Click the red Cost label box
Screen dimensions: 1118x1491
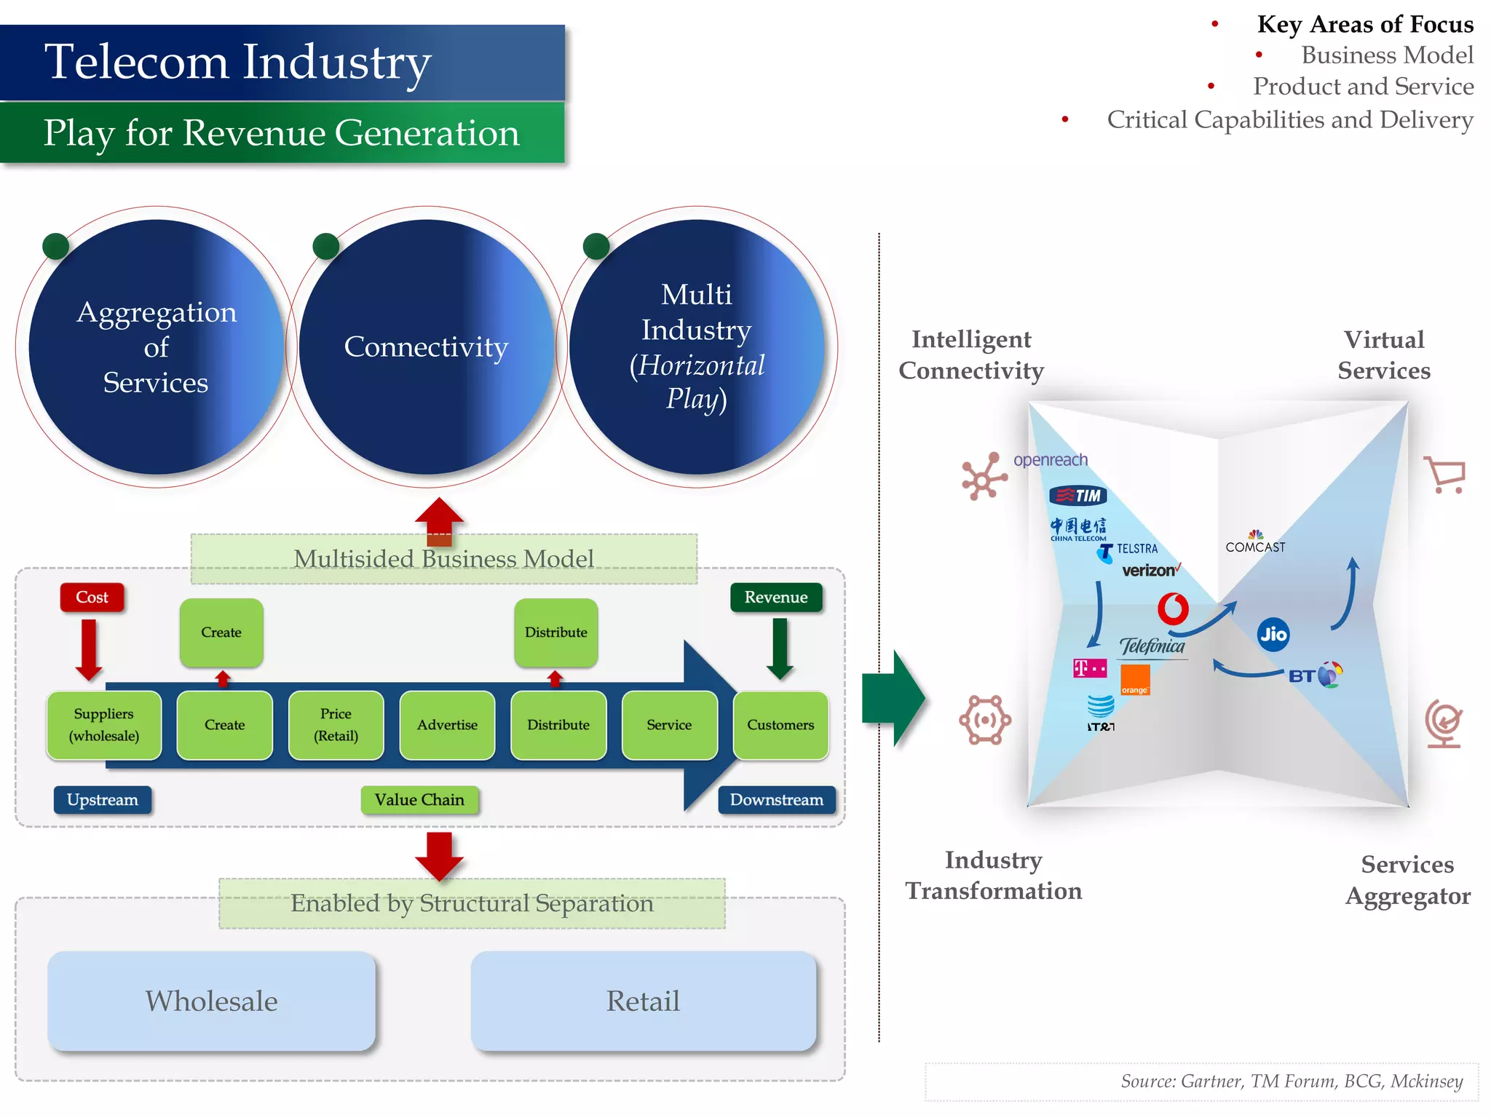click(92, 598)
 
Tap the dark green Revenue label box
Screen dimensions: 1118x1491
click(776, 598)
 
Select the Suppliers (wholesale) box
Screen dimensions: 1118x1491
click(104, 725)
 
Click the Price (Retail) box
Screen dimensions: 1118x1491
click(336, 725)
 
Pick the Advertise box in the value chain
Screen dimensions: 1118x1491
click(447, 725)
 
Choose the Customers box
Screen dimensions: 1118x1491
click(780, 725)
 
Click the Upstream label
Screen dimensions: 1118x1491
click(103, 800)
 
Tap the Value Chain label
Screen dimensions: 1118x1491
click(419, 800)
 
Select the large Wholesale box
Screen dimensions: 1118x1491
click(212, 1001)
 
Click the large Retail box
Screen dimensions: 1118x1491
click(644, 1001)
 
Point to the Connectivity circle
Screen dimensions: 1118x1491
click(427, 347)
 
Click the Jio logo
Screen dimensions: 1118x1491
click(1273, 634)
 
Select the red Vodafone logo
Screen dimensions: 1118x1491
click(1173, 609)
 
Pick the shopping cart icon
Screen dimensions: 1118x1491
click(1445, 475)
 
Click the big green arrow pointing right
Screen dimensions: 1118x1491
click(893, 699)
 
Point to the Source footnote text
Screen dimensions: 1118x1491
click(1292, 1082)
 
